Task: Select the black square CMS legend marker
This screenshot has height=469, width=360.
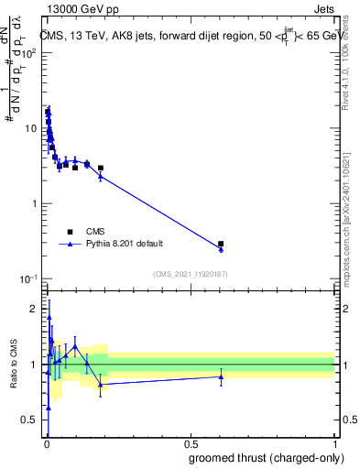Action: click(69, 232)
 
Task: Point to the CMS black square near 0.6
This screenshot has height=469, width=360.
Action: click(221, 244)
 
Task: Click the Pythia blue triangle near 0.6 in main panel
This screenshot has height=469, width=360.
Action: click(221, 249)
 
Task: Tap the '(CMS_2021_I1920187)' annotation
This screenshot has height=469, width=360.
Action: click(190, 274)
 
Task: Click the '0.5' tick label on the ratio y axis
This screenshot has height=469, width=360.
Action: click(28, 420)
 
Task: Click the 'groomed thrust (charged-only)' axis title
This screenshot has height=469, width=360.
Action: click(263, 459)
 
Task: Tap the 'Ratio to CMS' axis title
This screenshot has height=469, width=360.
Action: click(12, 365)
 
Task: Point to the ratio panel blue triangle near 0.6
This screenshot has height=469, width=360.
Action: click(221, 376)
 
